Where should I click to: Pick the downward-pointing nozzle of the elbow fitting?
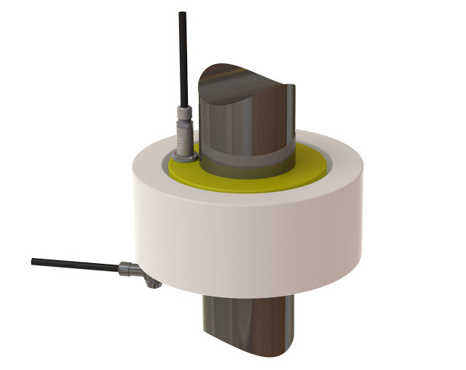[x=151, y=283]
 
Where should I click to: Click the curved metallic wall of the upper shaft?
[x=248, y=131]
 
